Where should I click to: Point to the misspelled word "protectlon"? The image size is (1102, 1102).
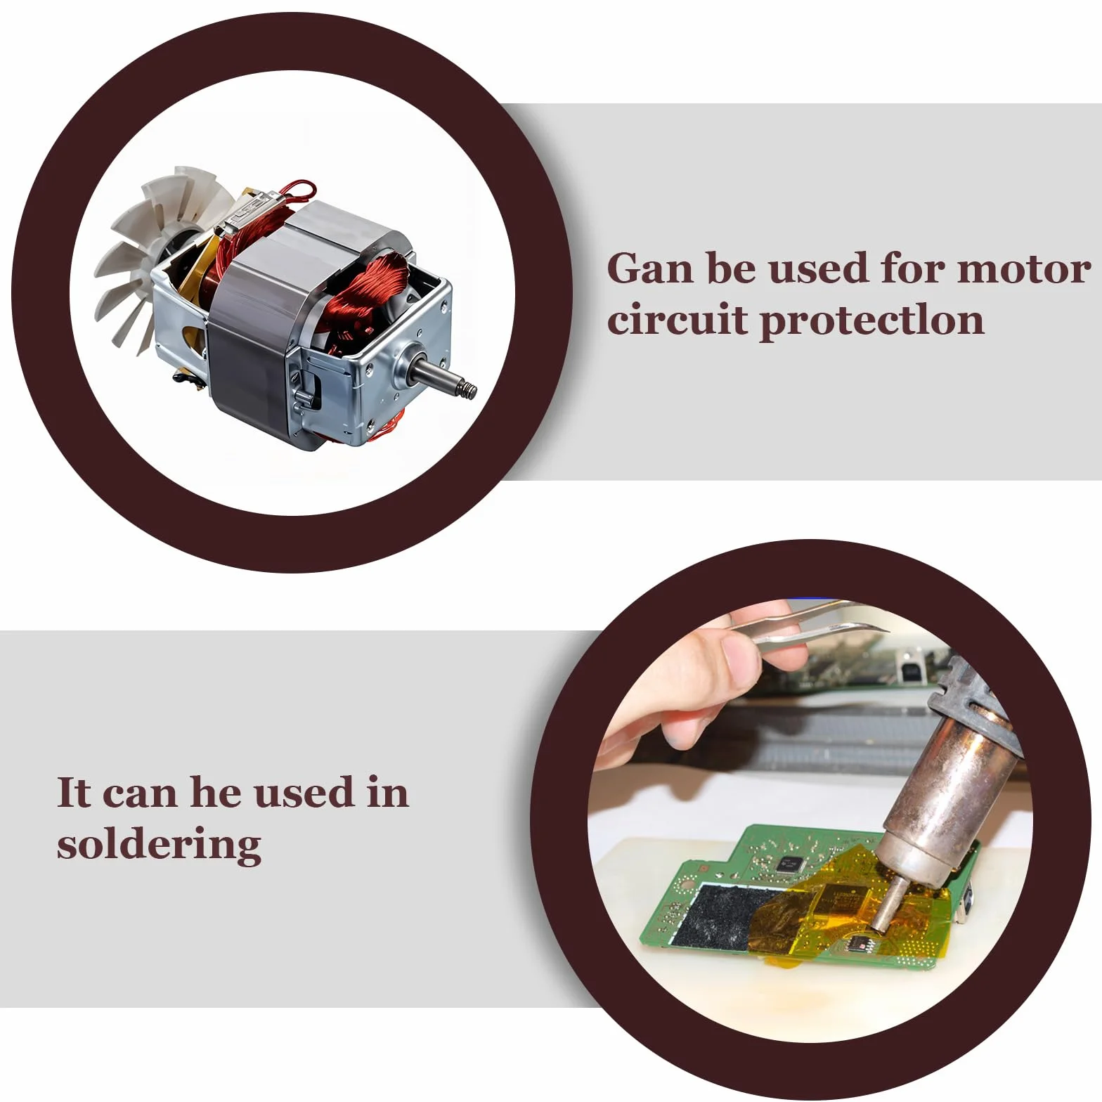(x=871, y=323)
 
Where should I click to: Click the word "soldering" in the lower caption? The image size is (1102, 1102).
(x=160, y=845)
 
